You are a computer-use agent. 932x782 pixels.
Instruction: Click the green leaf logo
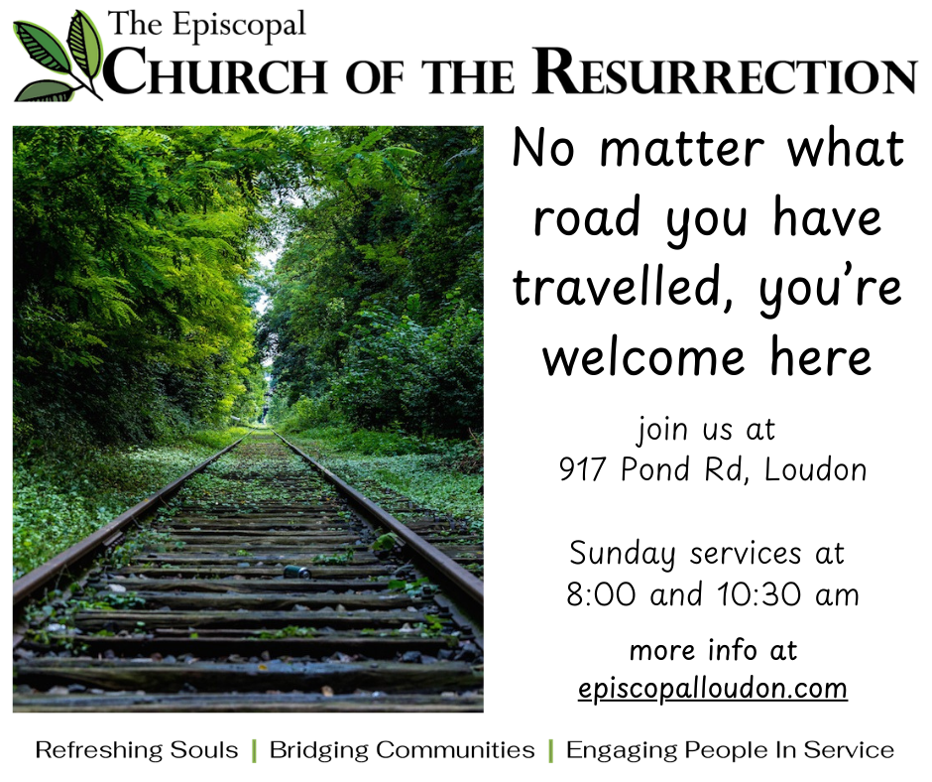(58, 57)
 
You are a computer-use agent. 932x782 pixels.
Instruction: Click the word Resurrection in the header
(725, 72)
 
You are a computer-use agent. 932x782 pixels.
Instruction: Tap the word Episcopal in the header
(240, 26)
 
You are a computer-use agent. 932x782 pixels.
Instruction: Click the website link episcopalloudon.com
(713, 689)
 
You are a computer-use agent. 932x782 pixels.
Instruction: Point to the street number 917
(582, 469)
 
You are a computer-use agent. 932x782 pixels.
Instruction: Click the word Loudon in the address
(815, 469)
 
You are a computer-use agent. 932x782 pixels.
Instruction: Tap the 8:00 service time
(601, 594)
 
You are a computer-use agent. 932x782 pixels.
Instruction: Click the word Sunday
(622, 554)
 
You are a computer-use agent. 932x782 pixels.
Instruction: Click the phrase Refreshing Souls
(137, 750)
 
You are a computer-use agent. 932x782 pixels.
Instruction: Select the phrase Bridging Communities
(402, 750)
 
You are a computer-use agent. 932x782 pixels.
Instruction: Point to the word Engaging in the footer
(622, 751)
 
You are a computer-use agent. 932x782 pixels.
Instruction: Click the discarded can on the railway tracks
(296, 572)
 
